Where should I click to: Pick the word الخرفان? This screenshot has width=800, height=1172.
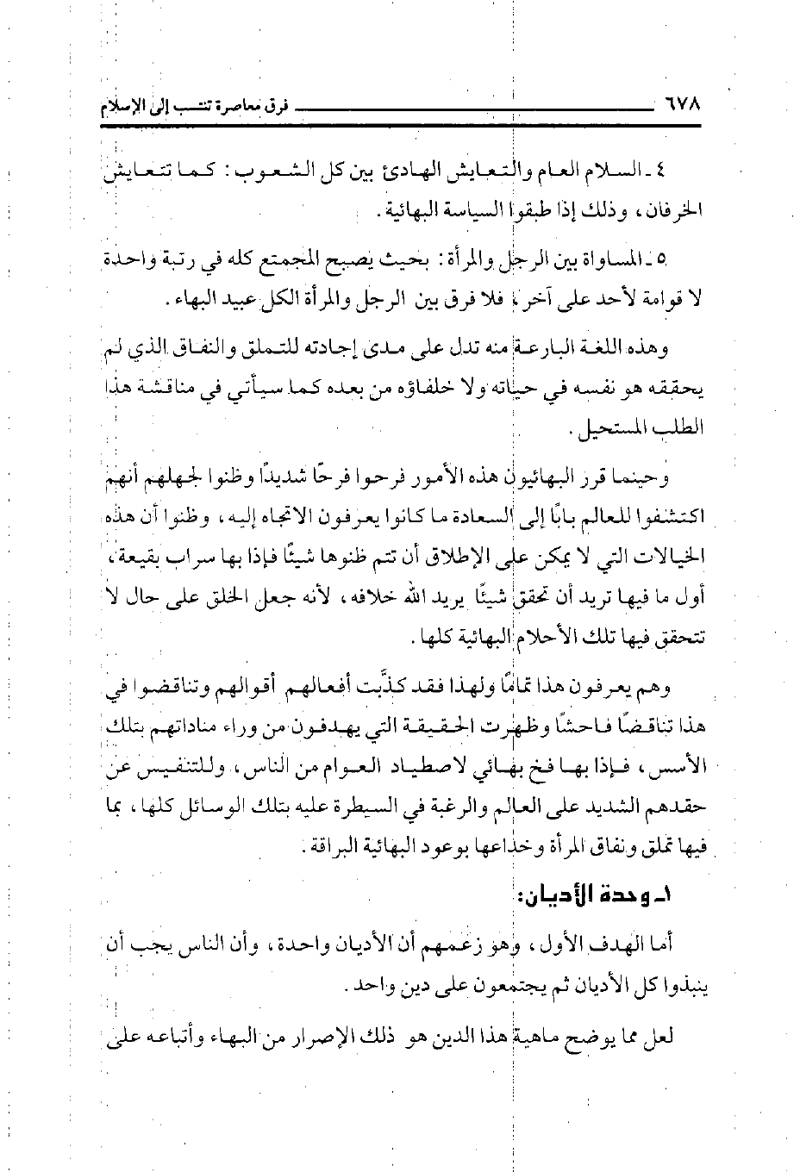tap(675, 211)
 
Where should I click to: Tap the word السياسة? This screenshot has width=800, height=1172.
tap(477, 211)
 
